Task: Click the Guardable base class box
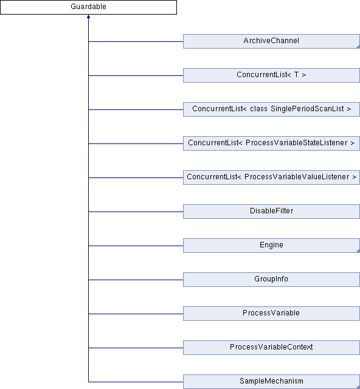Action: click(88, 7)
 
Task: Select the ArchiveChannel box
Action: click(271, 41)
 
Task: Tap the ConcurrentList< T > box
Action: click(271, 75)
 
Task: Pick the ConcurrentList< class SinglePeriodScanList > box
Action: click(271, 109)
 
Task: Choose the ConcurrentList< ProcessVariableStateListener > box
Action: click(271, 143)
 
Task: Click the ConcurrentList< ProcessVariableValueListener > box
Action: click(271, 177)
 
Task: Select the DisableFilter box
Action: click(271, 212)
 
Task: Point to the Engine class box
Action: click(271, 246)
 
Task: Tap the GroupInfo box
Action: click(271, 280)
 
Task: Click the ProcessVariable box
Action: click(271, 314)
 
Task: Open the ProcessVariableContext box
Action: click(271, 348)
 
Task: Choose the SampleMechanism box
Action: click(271, 382)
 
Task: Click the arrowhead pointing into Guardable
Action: click(88, 16)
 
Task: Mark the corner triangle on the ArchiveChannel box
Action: click(358, 47)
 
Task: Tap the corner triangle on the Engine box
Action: click(358, 251)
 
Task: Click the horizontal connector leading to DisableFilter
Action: click(136, 212)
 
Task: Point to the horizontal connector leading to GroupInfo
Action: click(136, 280)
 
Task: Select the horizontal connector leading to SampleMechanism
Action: click(136, 382)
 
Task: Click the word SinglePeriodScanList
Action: click(307, 109)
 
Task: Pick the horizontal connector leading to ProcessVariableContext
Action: click(136, 348)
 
